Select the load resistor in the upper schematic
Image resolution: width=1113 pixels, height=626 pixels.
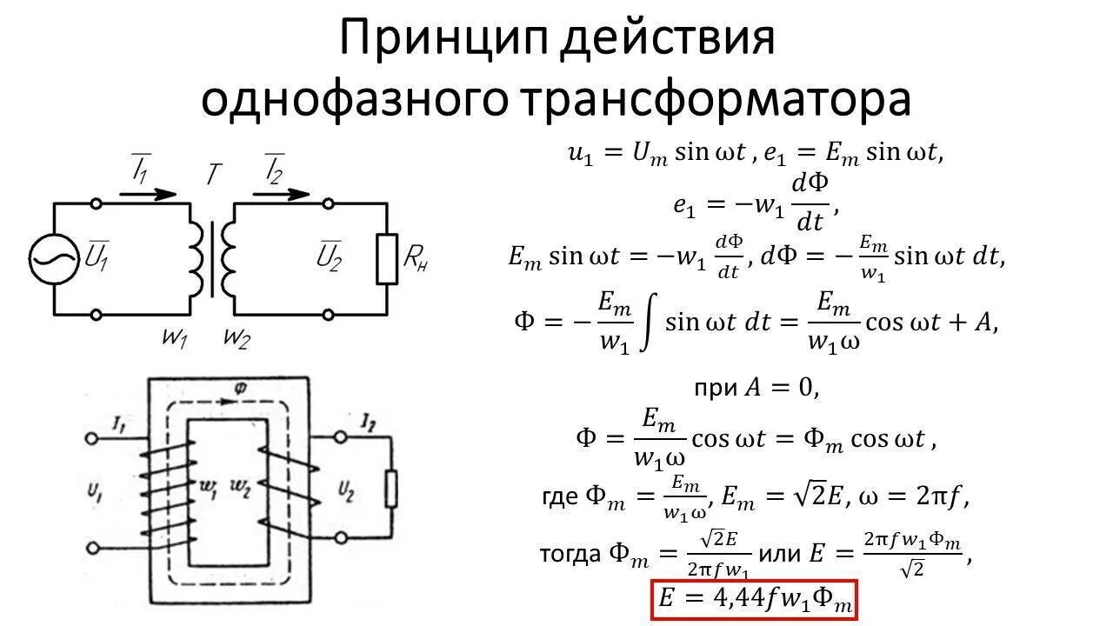click(x=387, y=259)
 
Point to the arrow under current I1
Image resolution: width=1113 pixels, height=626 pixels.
click(x=147, y=194)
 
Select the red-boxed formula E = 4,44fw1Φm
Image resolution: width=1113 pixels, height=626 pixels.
click(x=754, y=601)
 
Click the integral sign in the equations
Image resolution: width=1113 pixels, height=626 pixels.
click(x=646, y=323)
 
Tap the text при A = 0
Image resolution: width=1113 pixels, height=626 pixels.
click(x=756, y=389)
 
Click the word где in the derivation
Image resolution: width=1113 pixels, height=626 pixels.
click(x=560, y=496)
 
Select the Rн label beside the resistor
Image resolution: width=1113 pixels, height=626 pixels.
click(x=417, y=258)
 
